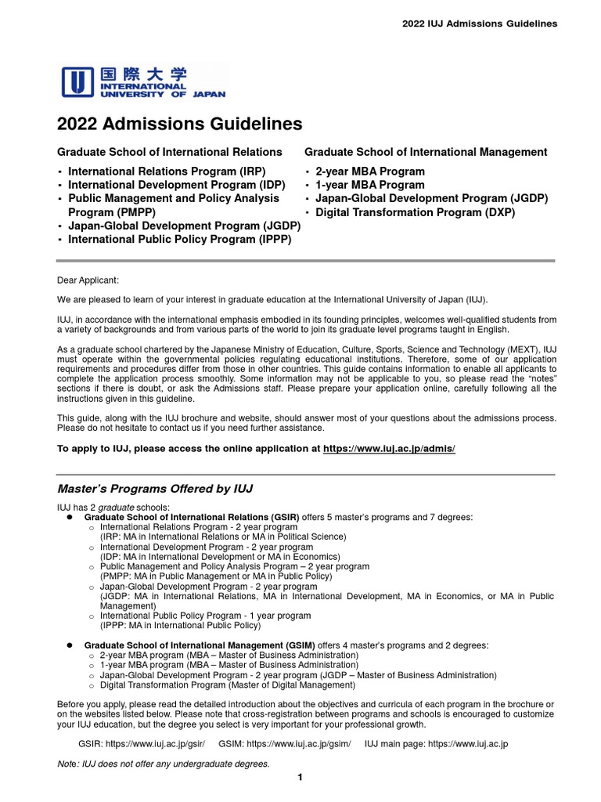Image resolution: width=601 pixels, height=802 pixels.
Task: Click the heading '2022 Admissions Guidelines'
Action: coord(179,124)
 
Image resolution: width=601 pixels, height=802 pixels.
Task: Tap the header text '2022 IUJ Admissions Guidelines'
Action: coord(480,23)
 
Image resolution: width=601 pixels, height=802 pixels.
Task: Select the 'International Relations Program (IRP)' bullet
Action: coord(167,172)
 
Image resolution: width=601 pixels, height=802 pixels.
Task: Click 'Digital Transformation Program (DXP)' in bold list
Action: coord(415,212)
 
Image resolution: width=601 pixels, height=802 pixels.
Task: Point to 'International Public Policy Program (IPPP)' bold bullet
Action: coord(179,240)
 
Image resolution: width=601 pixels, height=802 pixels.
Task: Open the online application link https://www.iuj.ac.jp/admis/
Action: coord(389,449)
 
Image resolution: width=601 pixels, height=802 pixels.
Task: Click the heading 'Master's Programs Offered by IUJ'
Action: coord(155,489)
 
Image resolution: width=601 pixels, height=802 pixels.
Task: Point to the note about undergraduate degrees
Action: coord(164,764)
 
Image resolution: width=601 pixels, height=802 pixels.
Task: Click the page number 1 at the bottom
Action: coord(300,777)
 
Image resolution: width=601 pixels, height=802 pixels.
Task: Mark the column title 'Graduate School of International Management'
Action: coord(426,152)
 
